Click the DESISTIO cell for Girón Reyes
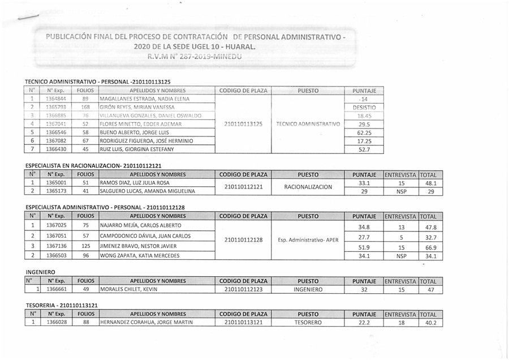[x=364, y=107]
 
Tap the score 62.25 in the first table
[x=364, y=132]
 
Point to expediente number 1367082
[x=57, y=141]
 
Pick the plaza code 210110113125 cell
[x=243, y=124]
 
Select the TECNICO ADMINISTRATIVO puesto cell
[x=308, y=124]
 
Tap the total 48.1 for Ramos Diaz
[x=431, y=183]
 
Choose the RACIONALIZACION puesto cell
[x=308, y=187]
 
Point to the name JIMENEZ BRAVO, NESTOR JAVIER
[x=138, y=246]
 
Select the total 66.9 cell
[x=431, y=247]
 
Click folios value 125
[x=86, y=246]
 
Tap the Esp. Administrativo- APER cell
[x=308, y=240]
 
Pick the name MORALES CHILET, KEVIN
[x=128, y=290]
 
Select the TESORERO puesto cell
[x=308, y=323]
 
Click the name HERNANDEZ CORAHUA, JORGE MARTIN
[x=146, y=323]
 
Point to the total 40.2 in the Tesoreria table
[x=431, y=323]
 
